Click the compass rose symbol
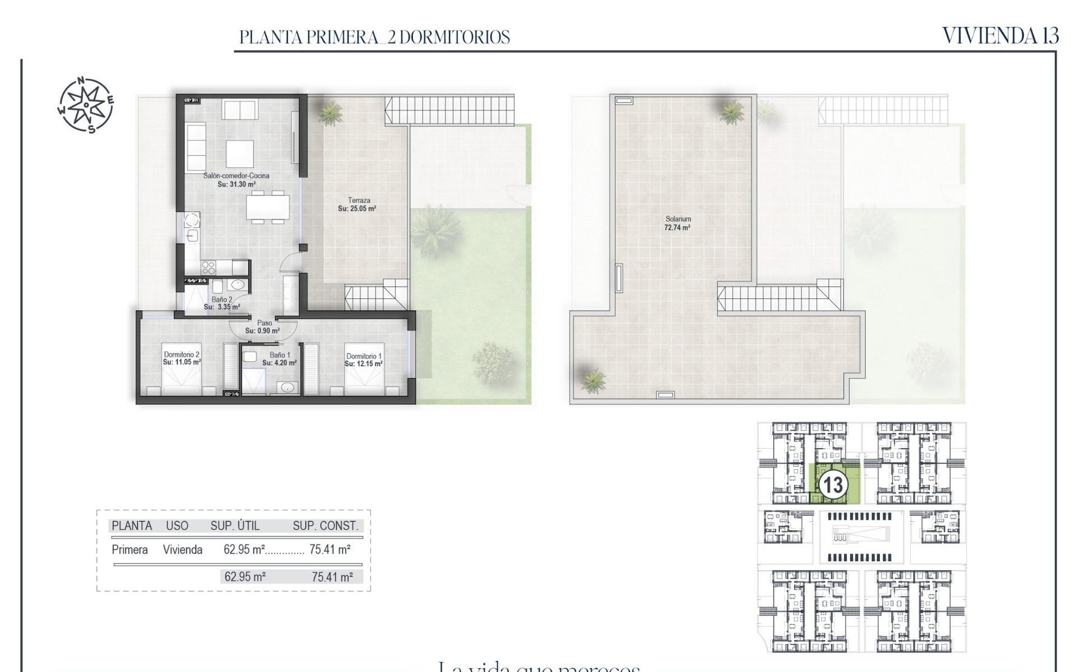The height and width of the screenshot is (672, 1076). tap(86, 105)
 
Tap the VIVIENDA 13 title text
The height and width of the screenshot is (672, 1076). tap(1000, 36)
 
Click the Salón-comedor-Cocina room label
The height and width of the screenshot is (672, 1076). tap(236, 176)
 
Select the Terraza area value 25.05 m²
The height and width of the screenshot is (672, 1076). tap(357, 209)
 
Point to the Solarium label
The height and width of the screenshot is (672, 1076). tap(678, 219)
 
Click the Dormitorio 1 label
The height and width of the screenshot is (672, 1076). tap(364, 356)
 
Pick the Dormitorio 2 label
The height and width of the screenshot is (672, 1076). tap(182, 354)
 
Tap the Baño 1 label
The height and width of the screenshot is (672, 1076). tap(280, 355)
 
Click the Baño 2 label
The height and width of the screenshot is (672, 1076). tap(222, 300)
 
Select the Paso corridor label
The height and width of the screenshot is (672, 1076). tap(265, 323)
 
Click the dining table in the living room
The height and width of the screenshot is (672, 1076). tap(268, 207)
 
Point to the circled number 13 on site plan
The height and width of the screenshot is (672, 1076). tap(832, 485)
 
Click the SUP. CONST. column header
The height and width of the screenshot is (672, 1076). tap(325, 526)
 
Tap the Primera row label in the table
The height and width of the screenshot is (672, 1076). tap(129, 550)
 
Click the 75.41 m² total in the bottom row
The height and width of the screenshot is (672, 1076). tap(332, 577)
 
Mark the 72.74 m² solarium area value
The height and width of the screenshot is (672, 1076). tap(677, 228)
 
